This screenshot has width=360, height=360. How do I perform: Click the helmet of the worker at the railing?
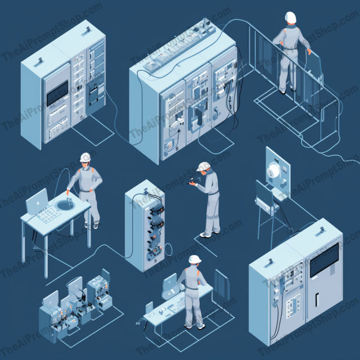click(x=291, y=17)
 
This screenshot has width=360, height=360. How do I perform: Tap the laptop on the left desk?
click(x=37, y=201)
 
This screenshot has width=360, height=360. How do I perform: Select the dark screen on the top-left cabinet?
click(x=57, y=93)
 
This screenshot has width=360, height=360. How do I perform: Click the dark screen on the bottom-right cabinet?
click(x=324, y=260)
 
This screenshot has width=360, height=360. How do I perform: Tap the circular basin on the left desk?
click(x=66, y=205)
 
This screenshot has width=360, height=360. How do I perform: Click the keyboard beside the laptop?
click(x=49, y=214)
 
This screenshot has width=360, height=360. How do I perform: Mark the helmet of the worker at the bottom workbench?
click(x=195, y=259)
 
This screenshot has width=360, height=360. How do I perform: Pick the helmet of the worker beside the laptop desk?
click(x=85, y=157)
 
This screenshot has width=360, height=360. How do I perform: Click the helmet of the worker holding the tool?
click(x=203, y=166)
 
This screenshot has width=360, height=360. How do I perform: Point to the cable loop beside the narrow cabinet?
click(x=168, y=250)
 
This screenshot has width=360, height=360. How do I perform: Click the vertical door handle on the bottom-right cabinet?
click(x=317, y=300)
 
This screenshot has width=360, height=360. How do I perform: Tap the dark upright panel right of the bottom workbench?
click(x=222, y=285)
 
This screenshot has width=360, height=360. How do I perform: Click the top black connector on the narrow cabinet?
click(x=157, y=209)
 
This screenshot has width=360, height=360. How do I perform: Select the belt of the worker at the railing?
click(x=290, y=48)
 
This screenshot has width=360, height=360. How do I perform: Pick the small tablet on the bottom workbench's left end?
click(x=149, y=307)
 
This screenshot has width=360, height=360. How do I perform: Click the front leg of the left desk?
click(x=46, y=256)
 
